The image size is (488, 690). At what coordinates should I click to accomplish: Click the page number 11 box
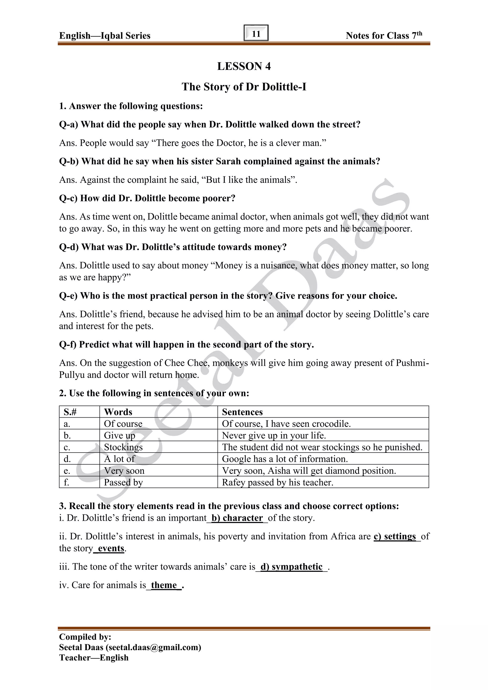tap(256, 33)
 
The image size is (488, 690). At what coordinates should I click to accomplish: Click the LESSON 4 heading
tap(244, 66)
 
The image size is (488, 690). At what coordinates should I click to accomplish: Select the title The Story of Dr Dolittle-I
tap(244, 87)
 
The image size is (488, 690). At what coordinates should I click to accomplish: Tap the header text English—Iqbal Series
tap(105, 36)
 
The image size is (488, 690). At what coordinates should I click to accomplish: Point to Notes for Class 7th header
tap(384, 36)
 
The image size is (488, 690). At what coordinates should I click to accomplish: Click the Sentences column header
tap(242, 412)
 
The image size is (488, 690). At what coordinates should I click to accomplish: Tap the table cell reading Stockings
tap(123, 447)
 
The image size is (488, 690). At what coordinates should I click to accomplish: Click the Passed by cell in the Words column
tap(123, 482)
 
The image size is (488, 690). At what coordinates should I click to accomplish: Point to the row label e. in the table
tap(67, 471)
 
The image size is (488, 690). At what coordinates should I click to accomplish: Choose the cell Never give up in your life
tap(274, 435)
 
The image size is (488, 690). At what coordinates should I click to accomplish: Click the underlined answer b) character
tap(237, 518)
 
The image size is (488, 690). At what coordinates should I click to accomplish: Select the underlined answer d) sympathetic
tap(291, 567)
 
